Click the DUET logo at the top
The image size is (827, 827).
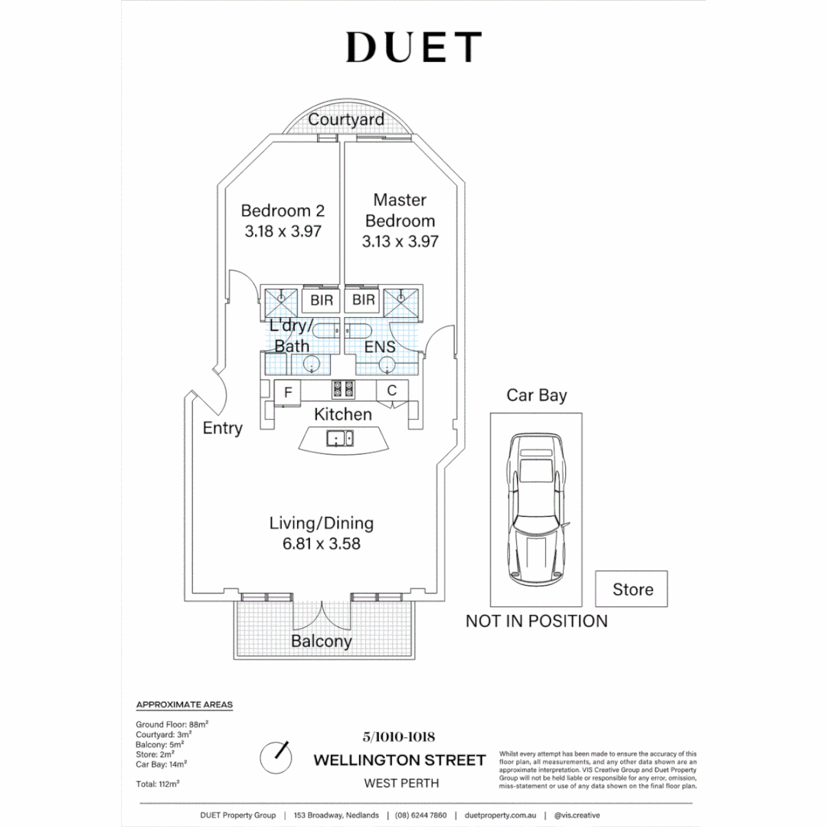click(413, 47)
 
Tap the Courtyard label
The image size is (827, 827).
click(346, 119)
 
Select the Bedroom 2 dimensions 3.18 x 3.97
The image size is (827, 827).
click(283, 231)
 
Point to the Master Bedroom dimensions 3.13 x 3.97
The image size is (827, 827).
click(400, 241)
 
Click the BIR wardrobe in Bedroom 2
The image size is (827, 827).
click(321, 300)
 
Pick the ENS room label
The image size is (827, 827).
click(380, 347)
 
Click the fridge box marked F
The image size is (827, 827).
click(287, 393)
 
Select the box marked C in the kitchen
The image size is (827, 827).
click(392, 391)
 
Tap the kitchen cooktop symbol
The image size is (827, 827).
click(343, 389)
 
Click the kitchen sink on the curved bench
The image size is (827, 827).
click(340, 438)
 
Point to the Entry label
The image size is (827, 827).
click(223, 428)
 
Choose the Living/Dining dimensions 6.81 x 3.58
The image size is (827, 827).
click(322, 543)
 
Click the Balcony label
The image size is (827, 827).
click(321, 642)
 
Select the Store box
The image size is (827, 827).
click(631, 589)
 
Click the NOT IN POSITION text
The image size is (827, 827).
click(536, 621)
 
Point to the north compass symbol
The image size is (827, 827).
click(276, 757)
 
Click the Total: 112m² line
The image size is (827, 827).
click(158, 784)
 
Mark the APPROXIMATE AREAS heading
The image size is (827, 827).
click(184, 704)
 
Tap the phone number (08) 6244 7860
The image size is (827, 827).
click(421, 815)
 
